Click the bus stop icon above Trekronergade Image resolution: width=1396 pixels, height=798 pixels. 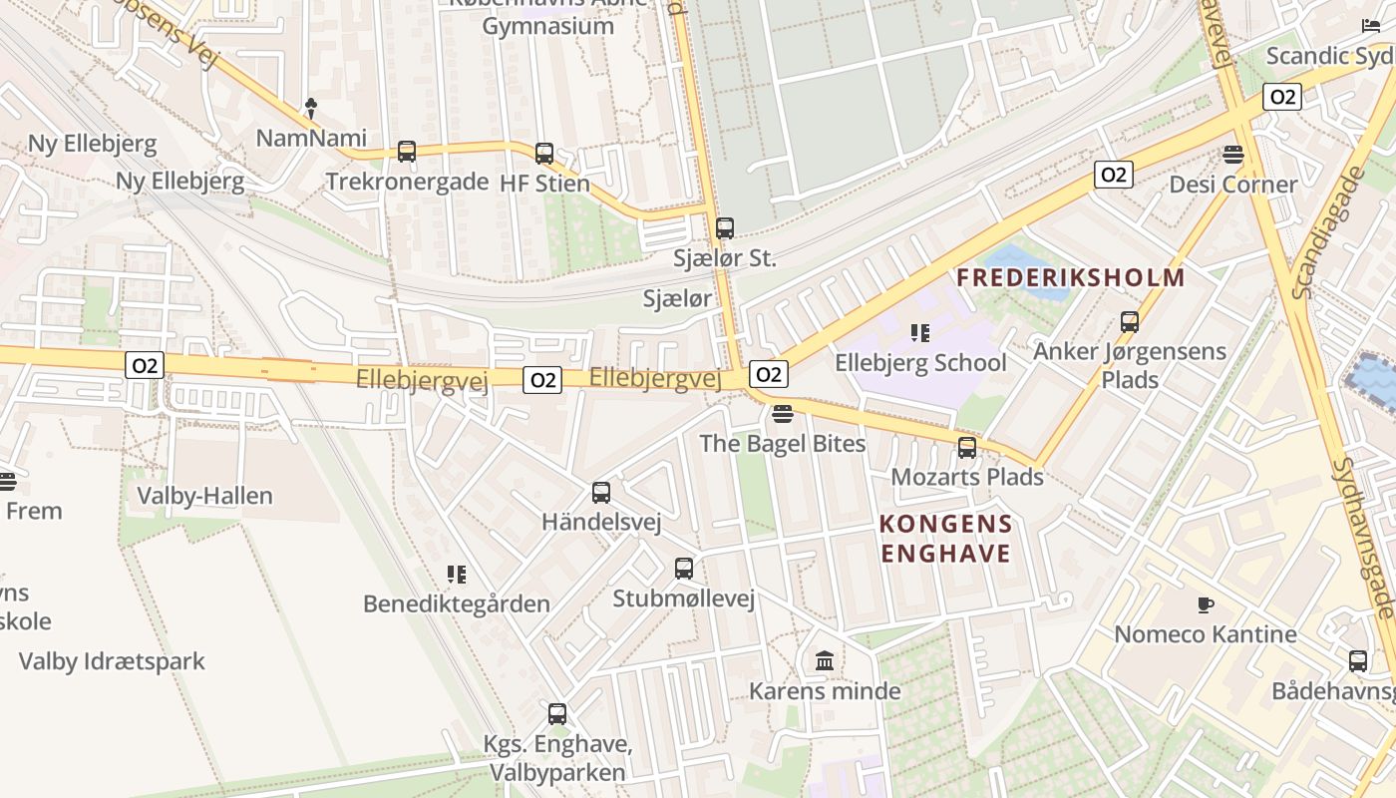[407, 152]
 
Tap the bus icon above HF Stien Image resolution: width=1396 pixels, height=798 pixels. [544, 154]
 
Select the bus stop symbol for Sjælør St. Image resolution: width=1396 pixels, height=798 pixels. [725, 228]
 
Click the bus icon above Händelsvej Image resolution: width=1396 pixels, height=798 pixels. [601, 493]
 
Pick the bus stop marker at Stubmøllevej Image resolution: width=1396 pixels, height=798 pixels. [684, 569]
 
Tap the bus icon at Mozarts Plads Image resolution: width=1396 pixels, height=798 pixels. [967, 448]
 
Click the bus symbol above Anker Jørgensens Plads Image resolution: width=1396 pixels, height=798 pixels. [1130, 322]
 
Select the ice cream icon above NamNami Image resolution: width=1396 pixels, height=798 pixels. [311, 107]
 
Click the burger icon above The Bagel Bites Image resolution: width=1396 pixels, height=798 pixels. [783, 413]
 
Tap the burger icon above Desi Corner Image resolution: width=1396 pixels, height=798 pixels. [1233, 155]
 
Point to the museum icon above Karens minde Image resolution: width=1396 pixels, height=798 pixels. [825, 660]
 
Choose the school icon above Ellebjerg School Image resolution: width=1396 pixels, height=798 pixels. [920, 332]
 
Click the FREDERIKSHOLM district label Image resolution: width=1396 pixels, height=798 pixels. [1071, 277]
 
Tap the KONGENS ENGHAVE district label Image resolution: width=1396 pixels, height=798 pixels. [946, 539]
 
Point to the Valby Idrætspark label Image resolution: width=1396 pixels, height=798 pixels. [112, 661]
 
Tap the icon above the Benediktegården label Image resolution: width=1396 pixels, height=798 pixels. [457, 574]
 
